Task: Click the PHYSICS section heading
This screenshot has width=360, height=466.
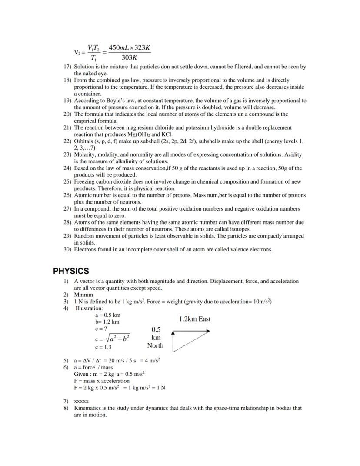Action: (x=71, y=271)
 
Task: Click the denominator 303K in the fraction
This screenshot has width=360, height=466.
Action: (x=130, y=57)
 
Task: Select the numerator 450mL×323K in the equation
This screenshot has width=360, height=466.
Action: (x=130, y=47)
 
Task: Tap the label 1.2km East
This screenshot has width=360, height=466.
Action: (x=194, y=319)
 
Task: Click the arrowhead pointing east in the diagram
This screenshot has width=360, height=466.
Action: (x=207, y=331)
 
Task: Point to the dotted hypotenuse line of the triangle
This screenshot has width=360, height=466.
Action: (x=191, y=342)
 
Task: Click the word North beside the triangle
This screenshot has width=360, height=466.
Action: (x=155, y=345)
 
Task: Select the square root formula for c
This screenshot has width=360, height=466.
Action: (x=112, y=339)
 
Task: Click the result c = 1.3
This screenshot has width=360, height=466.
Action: (x=103, y=347)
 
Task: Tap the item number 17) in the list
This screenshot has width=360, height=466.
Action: (x=67, y=67)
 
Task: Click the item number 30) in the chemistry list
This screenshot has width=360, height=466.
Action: (x=67, y=250)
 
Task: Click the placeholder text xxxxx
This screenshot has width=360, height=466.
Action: (x=81, y=401)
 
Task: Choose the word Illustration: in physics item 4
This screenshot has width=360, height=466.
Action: (x=89, y=308)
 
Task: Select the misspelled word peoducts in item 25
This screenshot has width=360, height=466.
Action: (x=86, y=189)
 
